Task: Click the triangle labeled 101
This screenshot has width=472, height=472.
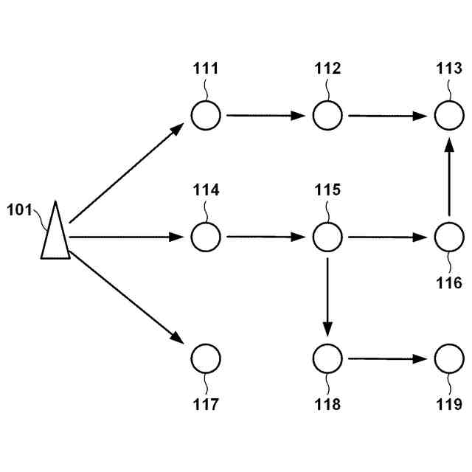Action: (x=55, y=235)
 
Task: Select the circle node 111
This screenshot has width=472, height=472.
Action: (x=206, y=115)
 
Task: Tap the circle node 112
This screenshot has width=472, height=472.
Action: (x=327, y=115)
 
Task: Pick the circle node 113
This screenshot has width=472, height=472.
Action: (x=448, y=115)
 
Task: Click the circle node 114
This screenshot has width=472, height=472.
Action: (x=206, y=237)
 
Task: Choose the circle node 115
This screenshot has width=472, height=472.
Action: (x=327, y=237)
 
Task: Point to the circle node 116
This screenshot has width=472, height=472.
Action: (x=448, y=237)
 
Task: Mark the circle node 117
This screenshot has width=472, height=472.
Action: (x=206, y=358)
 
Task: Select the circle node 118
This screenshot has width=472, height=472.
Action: (x=327, y=358)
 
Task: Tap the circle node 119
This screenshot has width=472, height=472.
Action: (x=448, y=358)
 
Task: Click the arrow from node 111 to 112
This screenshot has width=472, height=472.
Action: (x=266, y=116)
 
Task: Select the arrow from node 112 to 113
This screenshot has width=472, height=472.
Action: (x=388, y=116)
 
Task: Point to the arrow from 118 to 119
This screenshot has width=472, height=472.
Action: (x=388, y=359)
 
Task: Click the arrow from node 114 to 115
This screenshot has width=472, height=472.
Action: (x=266, y=237)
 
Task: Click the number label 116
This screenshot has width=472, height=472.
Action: (x=448, y=282)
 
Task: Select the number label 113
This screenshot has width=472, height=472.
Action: (x=448, y=69)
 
